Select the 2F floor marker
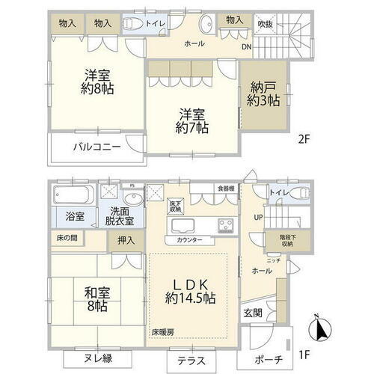pos(304,138)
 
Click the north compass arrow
pos(320,327)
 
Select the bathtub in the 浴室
pos(73,198)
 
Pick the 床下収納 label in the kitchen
pos(176,207)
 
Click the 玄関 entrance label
pos(252,313)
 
